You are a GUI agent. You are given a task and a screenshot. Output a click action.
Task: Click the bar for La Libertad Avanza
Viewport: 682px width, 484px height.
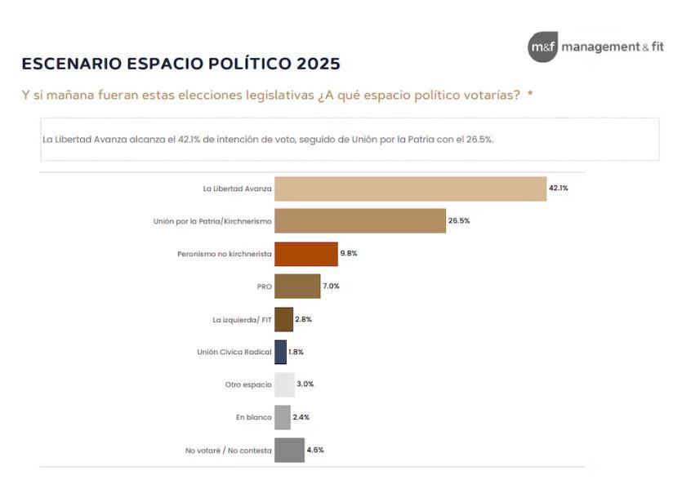coord(410,189)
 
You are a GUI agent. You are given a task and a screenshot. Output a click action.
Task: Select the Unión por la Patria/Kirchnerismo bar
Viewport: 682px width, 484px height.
coord(360,221)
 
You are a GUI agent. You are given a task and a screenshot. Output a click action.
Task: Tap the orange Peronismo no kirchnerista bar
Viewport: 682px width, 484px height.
coord(306,254)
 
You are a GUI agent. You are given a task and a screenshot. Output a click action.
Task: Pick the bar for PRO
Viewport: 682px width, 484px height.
coord(297,286)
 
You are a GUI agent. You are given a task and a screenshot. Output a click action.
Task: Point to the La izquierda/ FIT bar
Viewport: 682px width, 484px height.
coord(283,319)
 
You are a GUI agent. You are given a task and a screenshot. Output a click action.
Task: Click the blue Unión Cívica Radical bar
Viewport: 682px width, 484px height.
coord(280,352)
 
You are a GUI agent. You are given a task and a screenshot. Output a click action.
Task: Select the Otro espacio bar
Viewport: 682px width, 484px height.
coord(284,384)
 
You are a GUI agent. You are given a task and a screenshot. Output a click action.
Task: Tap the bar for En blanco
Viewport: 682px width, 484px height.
coord(283,417)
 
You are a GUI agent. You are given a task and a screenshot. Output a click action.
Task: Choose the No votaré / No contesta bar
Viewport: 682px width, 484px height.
coord(289,450)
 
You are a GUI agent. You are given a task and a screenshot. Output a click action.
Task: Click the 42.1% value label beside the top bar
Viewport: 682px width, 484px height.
coord(559,189)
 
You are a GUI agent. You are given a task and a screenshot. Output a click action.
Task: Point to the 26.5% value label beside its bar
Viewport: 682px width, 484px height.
coord(459,221)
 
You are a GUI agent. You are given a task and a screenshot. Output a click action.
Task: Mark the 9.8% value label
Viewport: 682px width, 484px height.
coord(349,254)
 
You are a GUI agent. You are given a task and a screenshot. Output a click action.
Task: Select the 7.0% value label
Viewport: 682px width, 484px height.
coord(331,286)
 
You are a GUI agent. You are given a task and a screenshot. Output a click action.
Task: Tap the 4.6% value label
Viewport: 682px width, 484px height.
coord(315,450)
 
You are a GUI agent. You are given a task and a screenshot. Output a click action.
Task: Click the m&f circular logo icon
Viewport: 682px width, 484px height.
coord(542,47)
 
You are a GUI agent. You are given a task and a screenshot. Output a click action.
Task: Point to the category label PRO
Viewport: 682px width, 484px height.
coord(264,286)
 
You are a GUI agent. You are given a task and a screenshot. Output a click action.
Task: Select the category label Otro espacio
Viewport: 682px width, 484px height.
coord(248,384)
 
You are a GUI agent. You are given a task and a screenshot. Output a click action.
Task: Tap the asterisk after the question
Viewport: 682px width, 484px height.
coord(530,95)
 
